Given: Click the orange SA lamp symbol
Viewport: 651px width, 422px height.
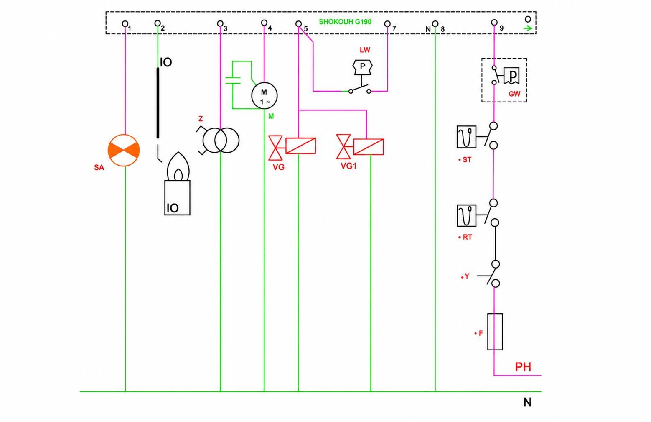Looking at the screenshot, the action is point(124,151).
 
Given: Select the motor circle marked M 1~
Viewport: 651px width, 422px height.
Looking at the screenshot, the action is point(264,96).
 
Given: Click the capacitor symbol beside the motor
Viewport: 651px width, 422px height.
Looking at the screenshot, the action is point(233,81).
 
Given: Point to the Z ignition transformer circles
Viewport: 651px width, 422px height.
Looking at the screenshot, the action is point(221,140).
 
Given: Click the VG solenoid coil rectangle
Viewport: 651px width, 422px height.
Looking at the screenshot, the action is point(300,146).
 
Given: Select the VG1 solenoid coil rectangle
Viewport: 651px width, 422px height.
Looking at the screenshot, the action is point(369,147).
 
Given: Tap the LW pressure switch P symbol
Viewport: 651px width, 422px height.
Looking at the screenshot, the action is point(362,67).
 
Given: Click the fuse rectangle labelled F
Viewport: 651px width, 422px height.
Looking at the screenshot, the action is point(495,332).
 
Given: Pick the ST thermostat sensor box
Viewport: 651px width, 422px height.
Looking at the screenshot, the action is point(466,137).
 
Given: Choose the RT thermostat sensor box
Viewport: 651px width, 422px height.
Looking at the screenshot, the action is point(466,215).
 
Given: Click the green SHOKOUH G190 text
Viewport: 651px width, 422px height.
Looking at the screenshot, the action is point(345,22).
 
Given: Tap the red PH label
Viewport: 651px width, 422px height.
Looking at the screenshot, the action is point(523,367).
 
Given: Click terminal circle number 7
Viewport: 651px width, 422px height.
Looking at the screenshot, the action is point(387,23).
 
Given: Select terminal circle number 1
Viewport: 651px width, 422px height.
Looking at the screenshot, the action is point(125,23).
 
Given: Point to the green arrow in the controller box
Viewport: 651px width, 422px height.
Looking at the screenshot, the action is point(528,28).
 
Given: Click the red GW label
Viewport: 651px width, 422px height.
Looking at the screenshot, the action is point(514,94).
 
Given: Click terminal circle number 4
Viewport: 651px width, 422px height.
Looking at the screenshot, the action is point(264,23).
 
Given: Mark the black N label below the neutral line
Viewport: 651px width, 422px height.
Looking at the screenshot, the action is point(527,402).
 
